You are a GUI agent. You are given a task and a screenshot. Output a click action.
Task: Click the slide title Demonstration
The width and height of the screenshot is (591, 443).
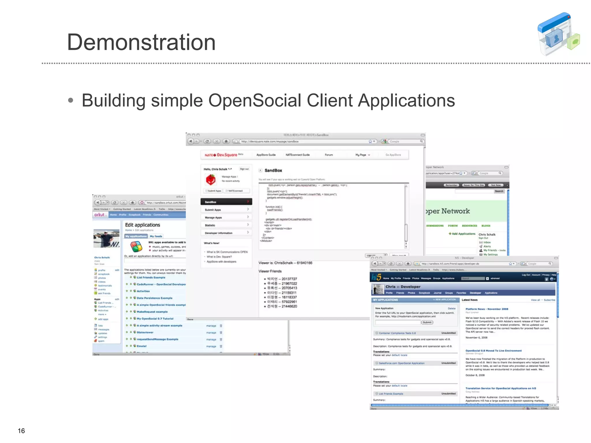click(x=141, y=42)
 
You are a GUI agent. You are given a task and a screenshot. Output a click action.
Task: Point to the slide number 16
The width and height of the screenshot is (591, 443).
click(x=21, y=431)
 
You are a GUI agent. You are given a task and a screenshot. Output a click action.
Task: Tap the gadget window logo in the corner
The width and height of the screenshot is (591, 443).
click(x=558, y=34)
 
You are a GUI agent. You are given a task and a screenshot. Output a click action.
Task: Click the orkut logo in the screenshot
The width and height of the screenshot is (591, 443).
click(x=100, y=215)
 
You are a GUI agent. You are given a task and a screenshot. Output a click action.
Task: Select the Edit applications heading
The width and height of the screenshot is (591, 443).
click(x=143, y=225)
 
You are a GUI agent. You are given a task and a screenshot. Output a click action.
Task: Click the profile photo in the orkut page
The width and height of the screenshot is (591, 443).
click(x=106, y=238)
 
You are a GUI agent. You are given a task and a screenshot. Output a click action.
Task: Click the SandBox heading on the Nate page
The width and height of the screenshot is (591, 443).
click(x=273, y=170)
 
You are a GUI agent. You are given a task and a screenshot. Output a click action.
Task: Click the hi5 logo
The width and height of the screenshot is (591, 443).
click(x=376, y=277)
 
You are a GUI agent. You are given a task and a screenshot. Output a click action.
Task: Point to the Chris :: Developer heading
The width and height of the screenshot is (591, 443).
click(x=403, y=287)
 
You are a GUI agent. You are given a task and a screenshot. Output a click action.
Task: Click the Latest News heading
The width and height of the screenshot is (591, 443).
click(x=470, y=300)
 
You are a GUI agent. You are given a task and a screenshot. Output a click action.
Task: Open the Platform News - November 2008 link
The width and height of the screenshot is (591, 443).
click(x=487, y=309)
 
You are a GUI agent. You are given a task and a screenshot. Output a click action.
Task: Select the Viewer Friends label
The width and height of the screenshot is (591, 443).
click(x=270, y=271)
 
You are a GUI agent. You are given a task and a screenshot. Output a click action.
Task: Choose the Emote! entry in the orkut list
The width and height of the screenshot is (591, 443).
click(x=142, y=346)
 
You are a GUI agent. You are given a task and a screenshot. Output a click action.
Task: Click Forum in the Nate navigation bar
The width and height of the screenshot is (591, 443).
click(x=329, y=155)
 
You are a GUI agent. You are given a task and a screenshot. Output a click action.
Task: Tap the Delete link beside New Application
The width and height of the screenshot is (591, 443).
click(x=452, y=308)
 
